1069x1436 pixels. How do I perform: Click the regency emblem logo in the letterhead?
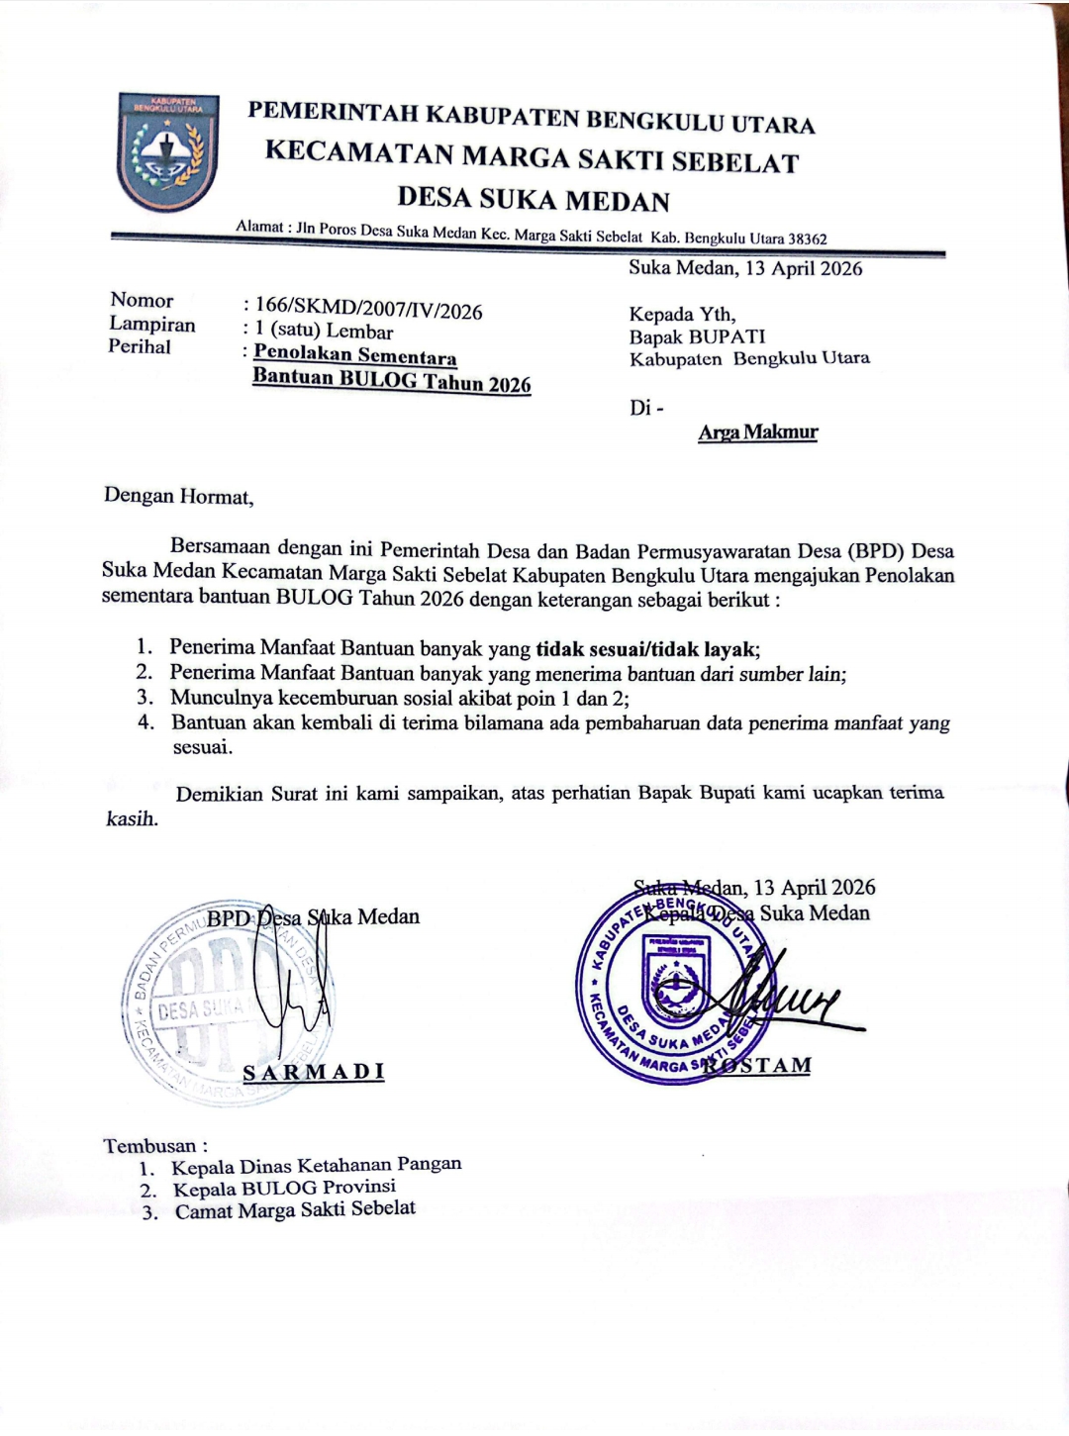166,151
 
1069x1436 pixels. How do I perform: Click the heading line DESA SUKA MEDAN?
534,200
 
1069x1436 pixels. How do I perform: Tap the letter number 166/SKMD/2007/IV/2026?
368,310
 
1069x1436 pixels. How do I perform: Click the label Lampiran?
151,324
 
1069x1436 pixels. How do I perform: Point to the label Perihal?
140,346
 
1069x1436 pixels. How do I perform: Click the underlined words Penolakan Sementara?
355,354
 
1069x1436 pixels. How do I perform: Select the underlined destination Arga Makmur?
758,431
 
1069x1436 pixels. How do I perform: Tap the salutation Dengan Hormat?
178,496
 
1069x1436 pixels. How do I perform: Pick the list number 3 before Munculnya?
146,697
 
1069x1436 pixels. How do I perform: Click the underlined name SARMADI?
314,1072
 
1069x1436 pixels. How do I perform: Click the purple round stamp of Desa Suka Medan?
673,984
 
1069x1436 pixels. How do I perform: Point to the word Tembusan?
150,1145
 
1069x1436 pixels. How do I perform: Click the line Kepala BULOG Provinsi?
284,1187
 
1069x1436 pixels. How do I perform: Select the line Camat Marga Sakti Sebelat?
295,1209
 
